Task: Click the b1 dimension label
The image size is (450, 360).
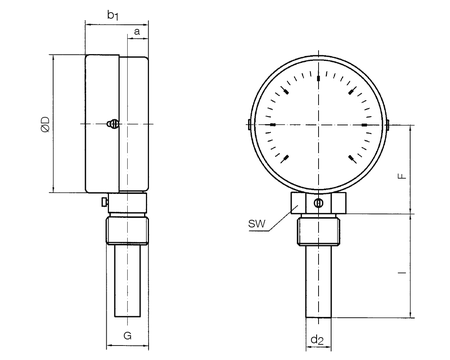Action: coord(113,16)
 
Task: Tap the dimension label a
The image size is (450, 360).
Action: coord(137,32)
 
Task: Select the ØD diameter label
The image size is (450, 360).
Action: coord(45,124)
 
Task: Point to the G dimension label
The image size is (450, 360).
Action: coord(127,336)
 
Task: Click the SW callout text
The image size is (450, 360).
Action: coord(257,224)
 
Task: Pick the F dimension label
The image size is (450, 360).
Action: coord(403,176)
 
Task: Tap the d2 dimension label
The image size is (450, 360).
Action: coord(317,340)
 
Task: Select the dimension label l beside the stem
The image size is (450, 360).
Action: coord(404,272)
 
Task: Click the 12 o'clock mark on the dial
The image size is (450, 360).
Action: coord(319,78)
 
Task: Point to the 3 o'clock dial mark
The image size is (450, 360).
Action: coord(364,125)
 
